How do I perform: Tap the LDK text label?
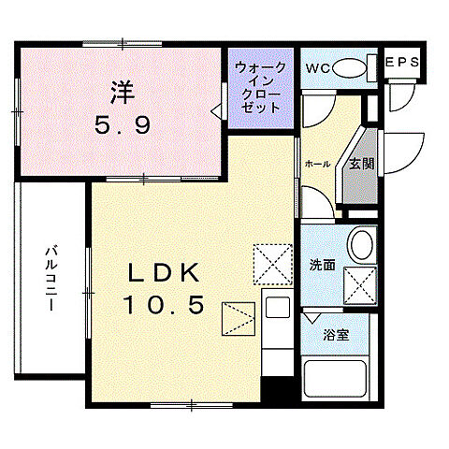pos(165,273)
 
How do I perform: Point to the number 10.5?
pos(165,305)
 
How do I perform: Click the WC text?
pos(315,66)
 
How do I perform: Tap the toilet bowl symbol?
pos(350,66)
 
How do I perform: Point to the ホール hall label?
pos(317,164)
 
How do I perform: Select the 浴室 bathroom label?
pos(338,334)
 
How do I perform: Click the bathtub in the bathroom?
pos(339,380)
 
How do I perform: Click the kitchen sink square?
pos(277,308)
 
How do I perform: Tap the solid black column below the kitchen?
pos(273,391)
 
